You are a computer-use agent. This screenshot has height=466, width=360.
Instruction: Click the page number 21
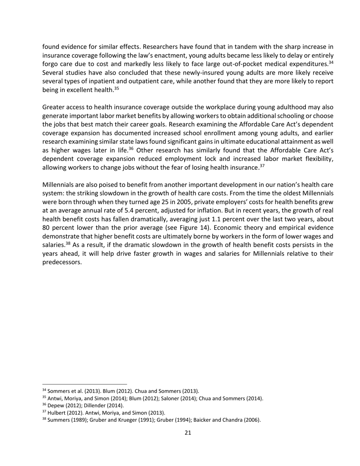pos(188,433)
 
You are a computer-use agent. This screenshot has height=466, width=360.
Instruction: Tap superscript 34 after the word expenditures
pos(331,62)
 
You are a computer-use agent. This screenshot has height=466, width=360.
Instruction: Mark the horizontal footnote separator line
pos(85,384)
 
